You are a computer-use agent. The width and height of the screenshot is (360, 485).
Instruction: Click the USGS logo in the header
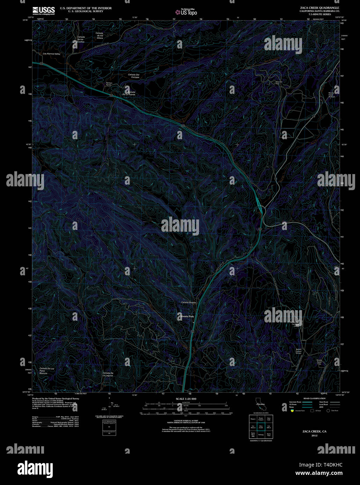click(x=43, y=10)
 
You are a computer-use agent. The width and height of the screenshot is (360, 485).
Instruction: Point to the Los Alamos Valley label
click(x=52, y=54)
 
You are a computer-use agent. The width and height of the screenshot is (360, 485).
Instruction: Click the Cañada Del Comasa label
click(x=133, y=76)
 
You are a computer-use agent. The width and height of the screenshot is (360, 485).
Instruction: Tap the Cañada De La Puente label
click(x=128, y=93)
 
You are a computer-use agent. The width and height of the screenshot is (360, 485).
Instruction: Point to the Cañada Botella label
click(x=189, y=302)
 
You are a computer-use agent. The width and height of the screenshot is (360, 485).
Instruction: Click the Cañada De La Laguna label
click(x=108, y=374)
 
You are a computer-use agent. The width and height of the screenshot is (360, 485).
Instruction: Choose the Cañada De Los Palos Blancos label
click(x=46, y=371)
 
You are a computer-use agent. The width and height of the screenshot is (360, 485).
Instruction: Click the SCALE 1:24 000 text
click(x=186, y=399)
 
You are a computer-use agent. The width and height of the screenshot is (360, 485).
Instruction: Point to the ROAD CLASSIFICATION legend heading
click(x=314, y=398)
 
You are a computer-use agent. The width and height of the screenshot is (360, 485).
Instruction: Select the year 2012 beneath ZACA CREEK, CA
click(x=315, y=435)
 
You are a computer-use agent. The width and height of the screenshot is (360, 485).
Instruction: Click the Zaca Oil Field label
click(x=278, y=83)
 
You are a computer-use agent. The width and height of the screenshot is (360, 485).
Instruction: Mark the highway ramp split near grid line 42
click(x=259, y=205)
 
